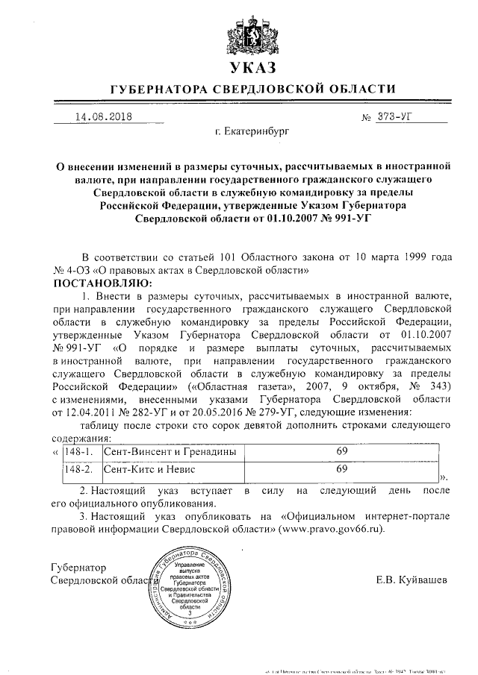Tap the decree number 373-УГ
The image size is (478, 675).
(x=397, y=117)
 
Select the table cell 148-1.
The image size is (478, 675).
(x=77, y=451)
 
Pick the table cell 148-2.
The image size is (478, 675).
(x=77, y=470)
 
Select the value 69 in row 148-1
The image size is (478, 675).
(x=343, y=450)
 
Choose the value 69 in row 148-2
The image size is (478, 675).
(x=343, y=469)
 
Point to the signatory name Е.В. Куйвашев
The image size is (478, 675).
(x=412, y=580)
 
